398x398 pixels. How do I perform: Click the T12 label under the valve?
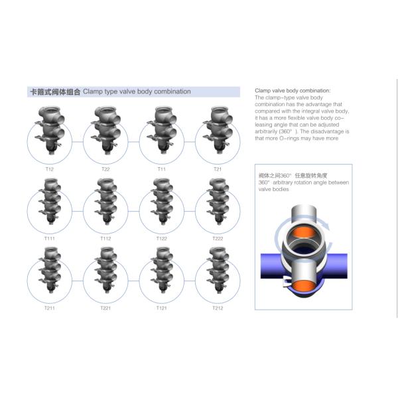[x=50, y=169]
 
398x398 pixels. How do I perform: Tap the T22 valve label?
[x=105, y=169]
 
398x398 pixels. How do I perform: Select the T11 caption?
[x=162, y=169]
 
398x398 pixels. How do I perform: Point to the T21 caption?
[x=218, y=169]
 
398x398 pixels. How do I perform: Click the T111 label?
[x=50, y=239]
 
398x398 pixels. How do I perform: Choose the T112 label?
[x=105, y=239]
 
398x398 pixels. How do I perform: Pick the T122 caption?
[x=162, y=239]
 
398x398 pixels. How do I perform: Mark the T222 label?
[x=218, y=239]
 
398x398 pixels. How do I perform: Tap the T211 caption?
[x=50, y=308]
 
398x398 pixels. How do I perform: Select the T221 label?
[x=105, y=308]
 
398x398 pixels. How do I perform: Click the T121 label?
[x=162, y=308]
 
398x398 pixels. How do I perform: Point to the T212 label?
[x=218, y=308]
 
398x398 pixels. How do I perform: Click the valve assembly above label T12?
[x=50, y=130]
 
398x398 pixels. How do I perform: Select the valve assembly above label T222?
[x=218, y=202]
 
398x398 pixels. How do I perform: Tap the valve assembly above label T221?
[x=105, y=271]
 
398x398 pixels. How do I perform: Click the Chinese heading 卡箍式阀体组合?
[x=55, y=92]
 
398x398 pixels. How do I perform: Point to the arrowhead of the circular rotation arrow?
[x=327, y=226]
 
